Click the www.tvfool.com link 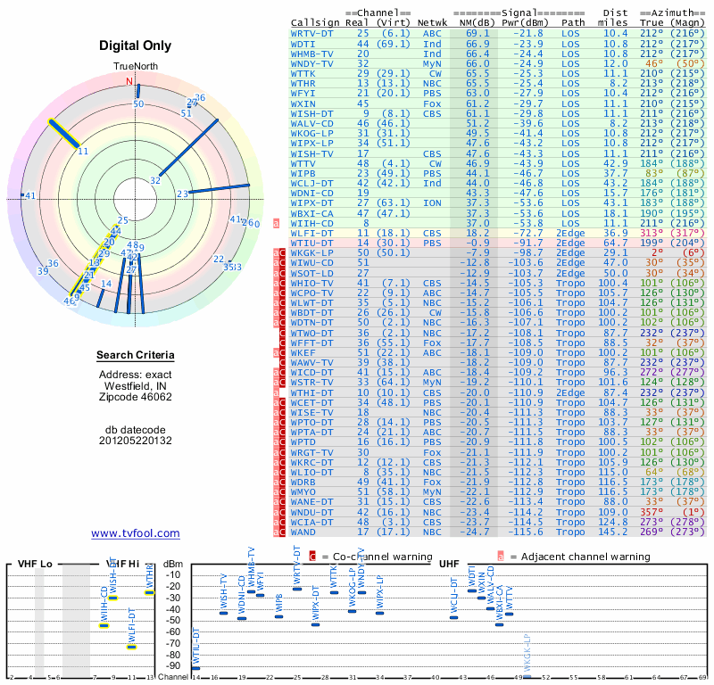pos(135,533)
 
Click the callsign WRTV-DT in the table pos(312,32)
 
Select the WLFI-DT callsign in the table pos(312,233)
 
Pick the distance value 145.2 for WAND pos(615,532)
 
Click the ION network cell pos(432,202)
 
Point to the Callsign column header pos(315,21)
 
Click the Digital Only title pos(136,45)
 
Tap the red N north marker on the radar pos(130,83)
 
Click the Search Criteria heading pos(136,356)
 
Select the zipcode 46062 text pos(136,397)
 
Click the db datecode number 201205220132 pos(136,440)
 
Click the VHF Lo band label pos(34,564)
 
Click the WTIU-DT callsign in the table pos(312,243)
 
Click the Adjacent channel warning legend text pos(580,557)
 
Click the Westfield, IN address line pos(136,385)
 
